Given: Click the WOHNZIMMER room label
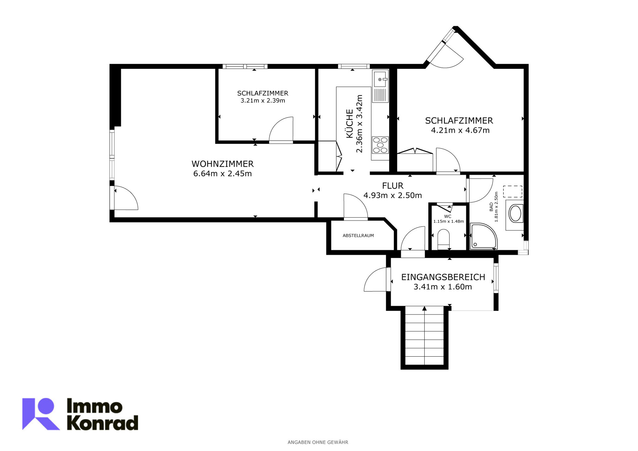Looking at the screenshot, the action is pos(223,164).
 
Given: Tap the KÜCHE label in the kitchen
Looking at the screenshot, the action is pos(350,124).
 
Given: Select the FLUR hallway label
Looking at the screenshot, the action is pos(393,186).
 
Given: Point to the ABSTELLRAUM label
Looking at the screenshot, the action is pos(358,236).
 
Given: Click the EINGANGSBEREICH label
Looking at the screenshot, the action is pos(443,277).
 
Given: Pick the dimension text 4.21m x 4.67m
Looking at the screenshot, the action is pos(460,130).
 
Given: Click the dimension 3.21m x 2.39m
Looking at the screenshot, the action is pos(263,101).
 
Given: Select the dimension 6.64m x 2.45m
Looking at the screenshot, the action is pos(223,173).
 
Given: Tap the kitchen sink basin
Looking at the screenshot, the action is pos(380,79).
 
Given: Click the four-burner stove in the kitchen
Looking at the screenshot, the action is pos(380,145).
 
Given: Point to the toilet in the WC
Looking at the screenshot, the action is pos(444,239).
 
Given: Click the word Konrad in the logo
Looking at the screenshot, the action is pos(102,423).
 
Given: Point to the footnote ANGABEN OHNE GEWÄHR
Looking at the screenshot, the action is pos(318,442).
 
